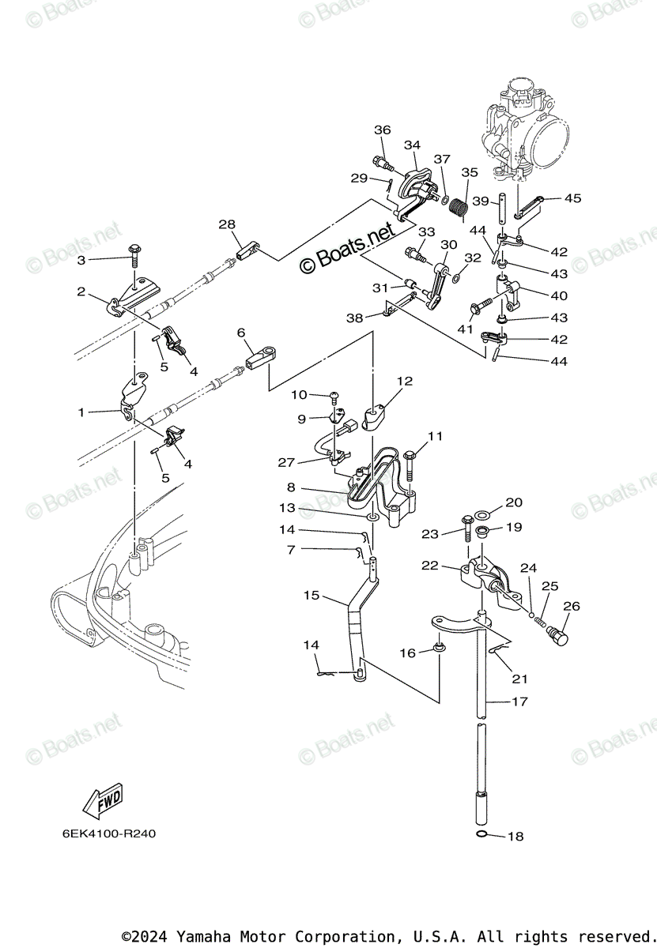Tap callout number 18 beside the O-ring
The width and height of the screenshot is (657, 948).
pyautogui.click(x=515, y=837)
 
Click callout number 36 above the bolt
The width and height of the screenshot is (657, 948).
pyautogui.click(x=383, y=130)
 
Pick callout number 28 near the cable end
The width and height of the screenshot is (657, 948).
pyautogui.click(x=228, y=225)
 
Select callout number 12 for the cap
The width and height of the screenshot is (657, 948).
pyautogui.click(x=405, y=382)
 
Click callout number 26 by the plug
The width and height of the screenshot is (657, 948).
pyautogui.click(x=571, y=607)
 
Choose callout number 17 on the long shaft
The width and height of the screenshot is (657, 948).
pyautogui.click(x=519, y=702)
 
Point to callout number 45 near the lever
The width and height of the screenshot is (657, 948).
pyautogui.click(x=572, y=198)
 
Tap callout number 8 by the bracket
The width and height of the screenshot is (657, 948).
pyautogui.click(x=291, y=488)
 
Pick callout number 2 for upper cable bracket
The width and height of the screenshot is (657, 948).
pyautogui.click(x=81, y=292)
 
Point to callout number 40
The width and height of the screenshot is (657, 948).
pyautogui.click(x=559, y=296)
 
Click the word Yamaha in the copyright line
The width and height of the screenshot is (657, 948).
pyautogui.click(x=202, y=936)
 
